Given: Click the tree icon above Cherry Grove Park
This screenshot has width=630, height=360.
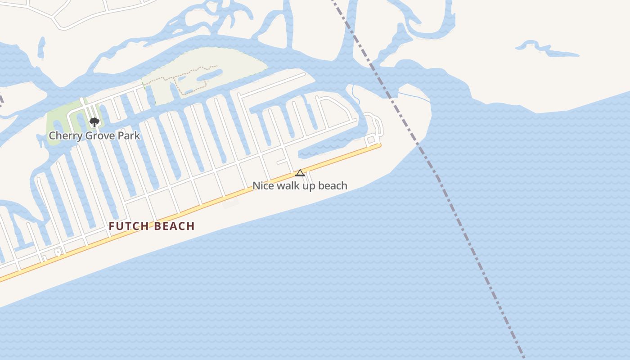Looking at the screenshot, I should tap(94, 122).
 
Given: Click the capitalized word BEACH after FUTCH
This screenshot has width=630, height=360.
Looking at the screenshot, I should tap(175, 226).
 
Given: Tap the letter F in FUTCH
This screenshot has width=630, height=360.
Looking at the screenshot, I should tap(112, 226).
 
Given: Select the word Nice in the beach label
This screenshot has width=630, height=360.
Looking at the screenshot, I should tap(263, 185).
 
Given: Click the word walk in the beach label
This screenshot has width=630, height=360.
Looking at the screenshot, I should tap(288, 185).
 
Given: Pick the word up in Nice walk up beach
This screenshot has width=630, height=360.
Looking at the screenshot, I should tap(310, 185).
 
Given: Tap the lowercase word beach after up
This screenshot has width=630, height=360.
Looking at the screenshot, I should tap(333, 185).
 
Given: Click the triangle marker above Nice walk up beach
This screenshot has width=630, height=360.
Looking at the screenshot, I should tap(300, 173).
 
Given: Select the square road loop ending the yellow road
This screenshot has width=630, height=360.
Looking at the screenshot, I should tap(371, 140).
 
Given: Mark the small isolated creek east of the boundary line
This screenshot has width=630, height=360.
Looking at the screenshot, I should tap(547, 49).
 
